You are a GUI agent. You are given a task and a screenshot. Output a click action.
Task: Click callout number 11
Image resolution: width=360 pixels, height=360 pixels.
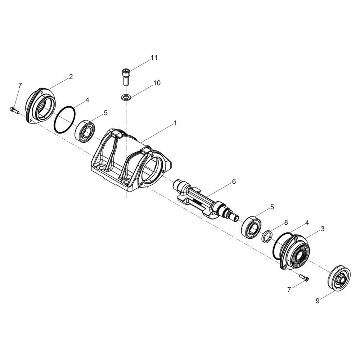tap(154, 58)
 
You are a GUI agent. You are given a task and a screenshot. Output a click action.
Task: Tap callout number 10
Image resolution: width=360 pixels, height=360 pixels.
tap(157, 83)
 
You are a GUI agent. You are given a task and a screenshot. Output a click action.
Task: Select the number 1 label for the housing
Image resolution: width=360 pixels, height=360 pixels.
tap(175, 123)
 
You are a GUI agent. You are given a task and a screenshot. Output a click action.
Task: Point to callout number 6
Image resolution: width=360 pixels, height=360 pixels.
tap(234, 181)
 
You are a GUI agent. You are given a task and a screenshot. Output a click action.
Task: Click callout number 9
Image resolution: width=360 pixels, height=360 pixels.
tap(318, 301)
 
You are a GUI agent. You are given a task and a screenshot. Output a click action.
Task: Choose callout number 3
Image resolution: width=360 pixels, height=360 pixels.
tap(323, 229)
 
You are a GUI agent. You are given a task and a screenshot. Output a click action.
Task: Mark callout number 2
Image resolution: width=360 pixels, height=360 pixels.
tap(71, 77)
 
